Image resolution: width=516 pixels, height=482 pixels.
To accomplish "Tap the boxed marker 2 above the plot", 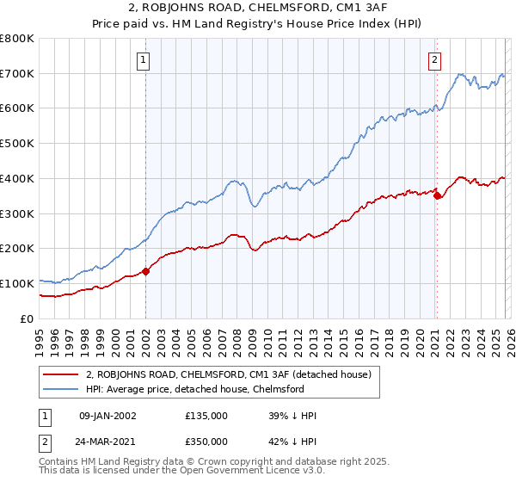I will (435, 60).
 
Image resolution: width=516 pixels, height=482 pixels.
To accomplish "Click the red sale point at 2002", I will (145, 271).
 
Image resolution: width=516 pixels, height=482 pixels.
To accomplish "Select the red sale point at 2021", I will (437, 195).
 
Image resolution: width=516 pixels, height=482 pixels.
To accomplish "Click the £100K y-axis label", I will (17, 283).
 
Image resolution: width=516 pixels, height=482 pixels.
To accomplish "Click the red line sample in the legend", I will (62, 374).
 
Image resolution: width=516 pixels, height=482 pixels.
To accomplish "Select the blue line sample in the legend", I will (62, 389).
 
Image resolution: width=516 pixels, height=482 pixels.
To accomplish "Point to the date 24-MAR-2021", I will (108, 441).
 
